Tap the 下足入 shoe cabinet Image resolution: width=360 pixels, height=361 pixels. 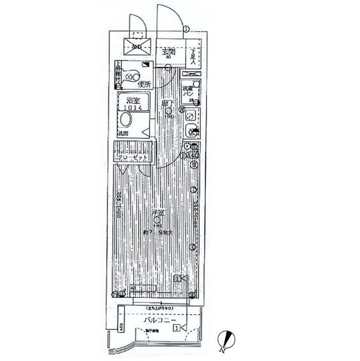pyautogui.click(x=193, y=58)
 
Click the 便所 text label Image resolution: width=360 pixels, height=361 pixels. pyautogui.click(x=144, y=85)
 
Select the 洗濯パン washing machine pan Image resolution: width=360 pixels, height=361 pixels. pyautogui.click(x=188, y=91)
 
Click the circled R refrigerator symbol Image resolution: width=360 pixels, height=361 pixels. pyautogui.click(x=182, y=109)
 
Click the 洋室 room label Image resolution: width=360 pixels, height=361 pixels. pyautogui.click(x=158, y=213)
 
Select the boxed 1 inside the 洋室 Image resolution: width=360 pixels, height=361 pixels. pyautogui.click(x=177, y=279)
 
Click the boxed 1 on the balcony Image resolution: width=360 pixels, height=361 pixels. pyautogui.click(x=177, y=328)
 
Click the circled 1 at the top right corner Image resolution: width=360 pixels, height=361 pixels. pyautogui.click(x=186, y=29)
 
